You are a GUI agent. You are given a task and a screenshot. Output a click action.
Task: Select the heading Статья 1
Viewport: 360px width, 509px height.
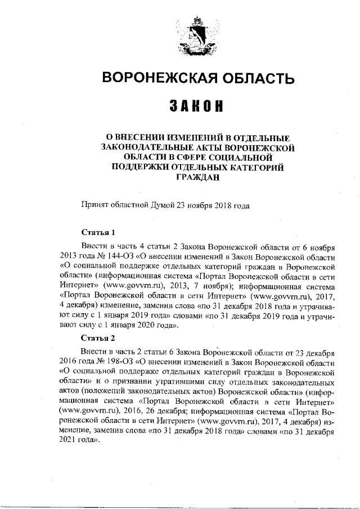click(98, 232)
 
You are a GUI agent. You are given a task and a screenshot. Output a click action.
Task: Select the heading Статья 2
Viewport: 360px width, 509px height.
click(98, 338)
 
